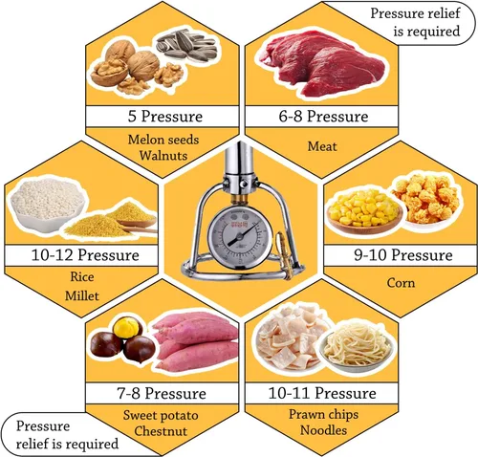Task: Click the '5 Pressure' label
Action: tap(165, 116)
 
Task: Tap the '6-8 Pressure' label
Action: tap(323, 116)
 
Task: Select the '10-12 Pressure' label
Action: tap(85, 255)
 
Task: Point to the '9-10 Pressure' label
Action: tap(403, 255)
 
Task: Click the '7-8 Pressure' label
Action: tap(162, 393)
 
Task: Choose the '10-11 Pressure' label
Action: tap(322, 393)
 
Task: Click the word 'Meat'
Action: tap(322, 146)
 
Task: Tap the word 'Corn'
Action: tap(401, 283)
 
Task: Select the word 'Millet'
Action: tap(82, 295)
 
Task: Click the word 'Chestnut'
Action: tap(161, 431)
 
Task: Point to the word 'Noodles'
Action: tap(323, 430)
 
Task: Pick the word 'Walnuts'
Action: tap(163, 155)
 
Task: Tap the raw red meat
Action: tap(322, 63)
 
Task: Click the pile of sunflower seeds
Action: tap(186, 45)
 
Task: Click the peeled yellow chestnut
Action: tap(128, 327)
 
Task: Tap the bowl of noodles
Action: tap(357, 347)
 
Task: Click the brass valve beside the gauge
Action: tap(284, 255)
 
